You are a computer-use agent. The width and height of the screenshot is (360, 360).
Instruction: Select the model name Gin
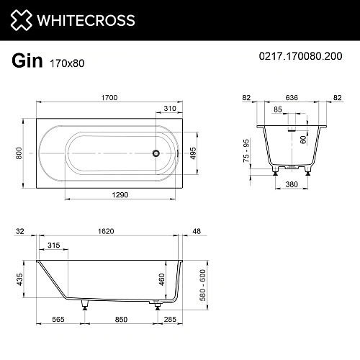(x=27, y=61)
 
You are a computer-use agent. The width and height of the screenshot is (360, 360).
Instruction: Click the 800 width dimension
(x=19, y=153)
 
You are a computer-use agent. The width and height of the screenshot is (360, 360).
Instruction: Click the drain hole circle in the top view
(x=154, y=153)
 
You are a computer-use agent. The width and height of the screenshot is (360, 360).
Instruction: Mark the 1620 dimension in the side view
(x=107, y=232)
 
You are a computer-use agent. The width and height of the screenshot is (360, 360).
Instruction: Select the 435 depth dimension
(x=19, y=278)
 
